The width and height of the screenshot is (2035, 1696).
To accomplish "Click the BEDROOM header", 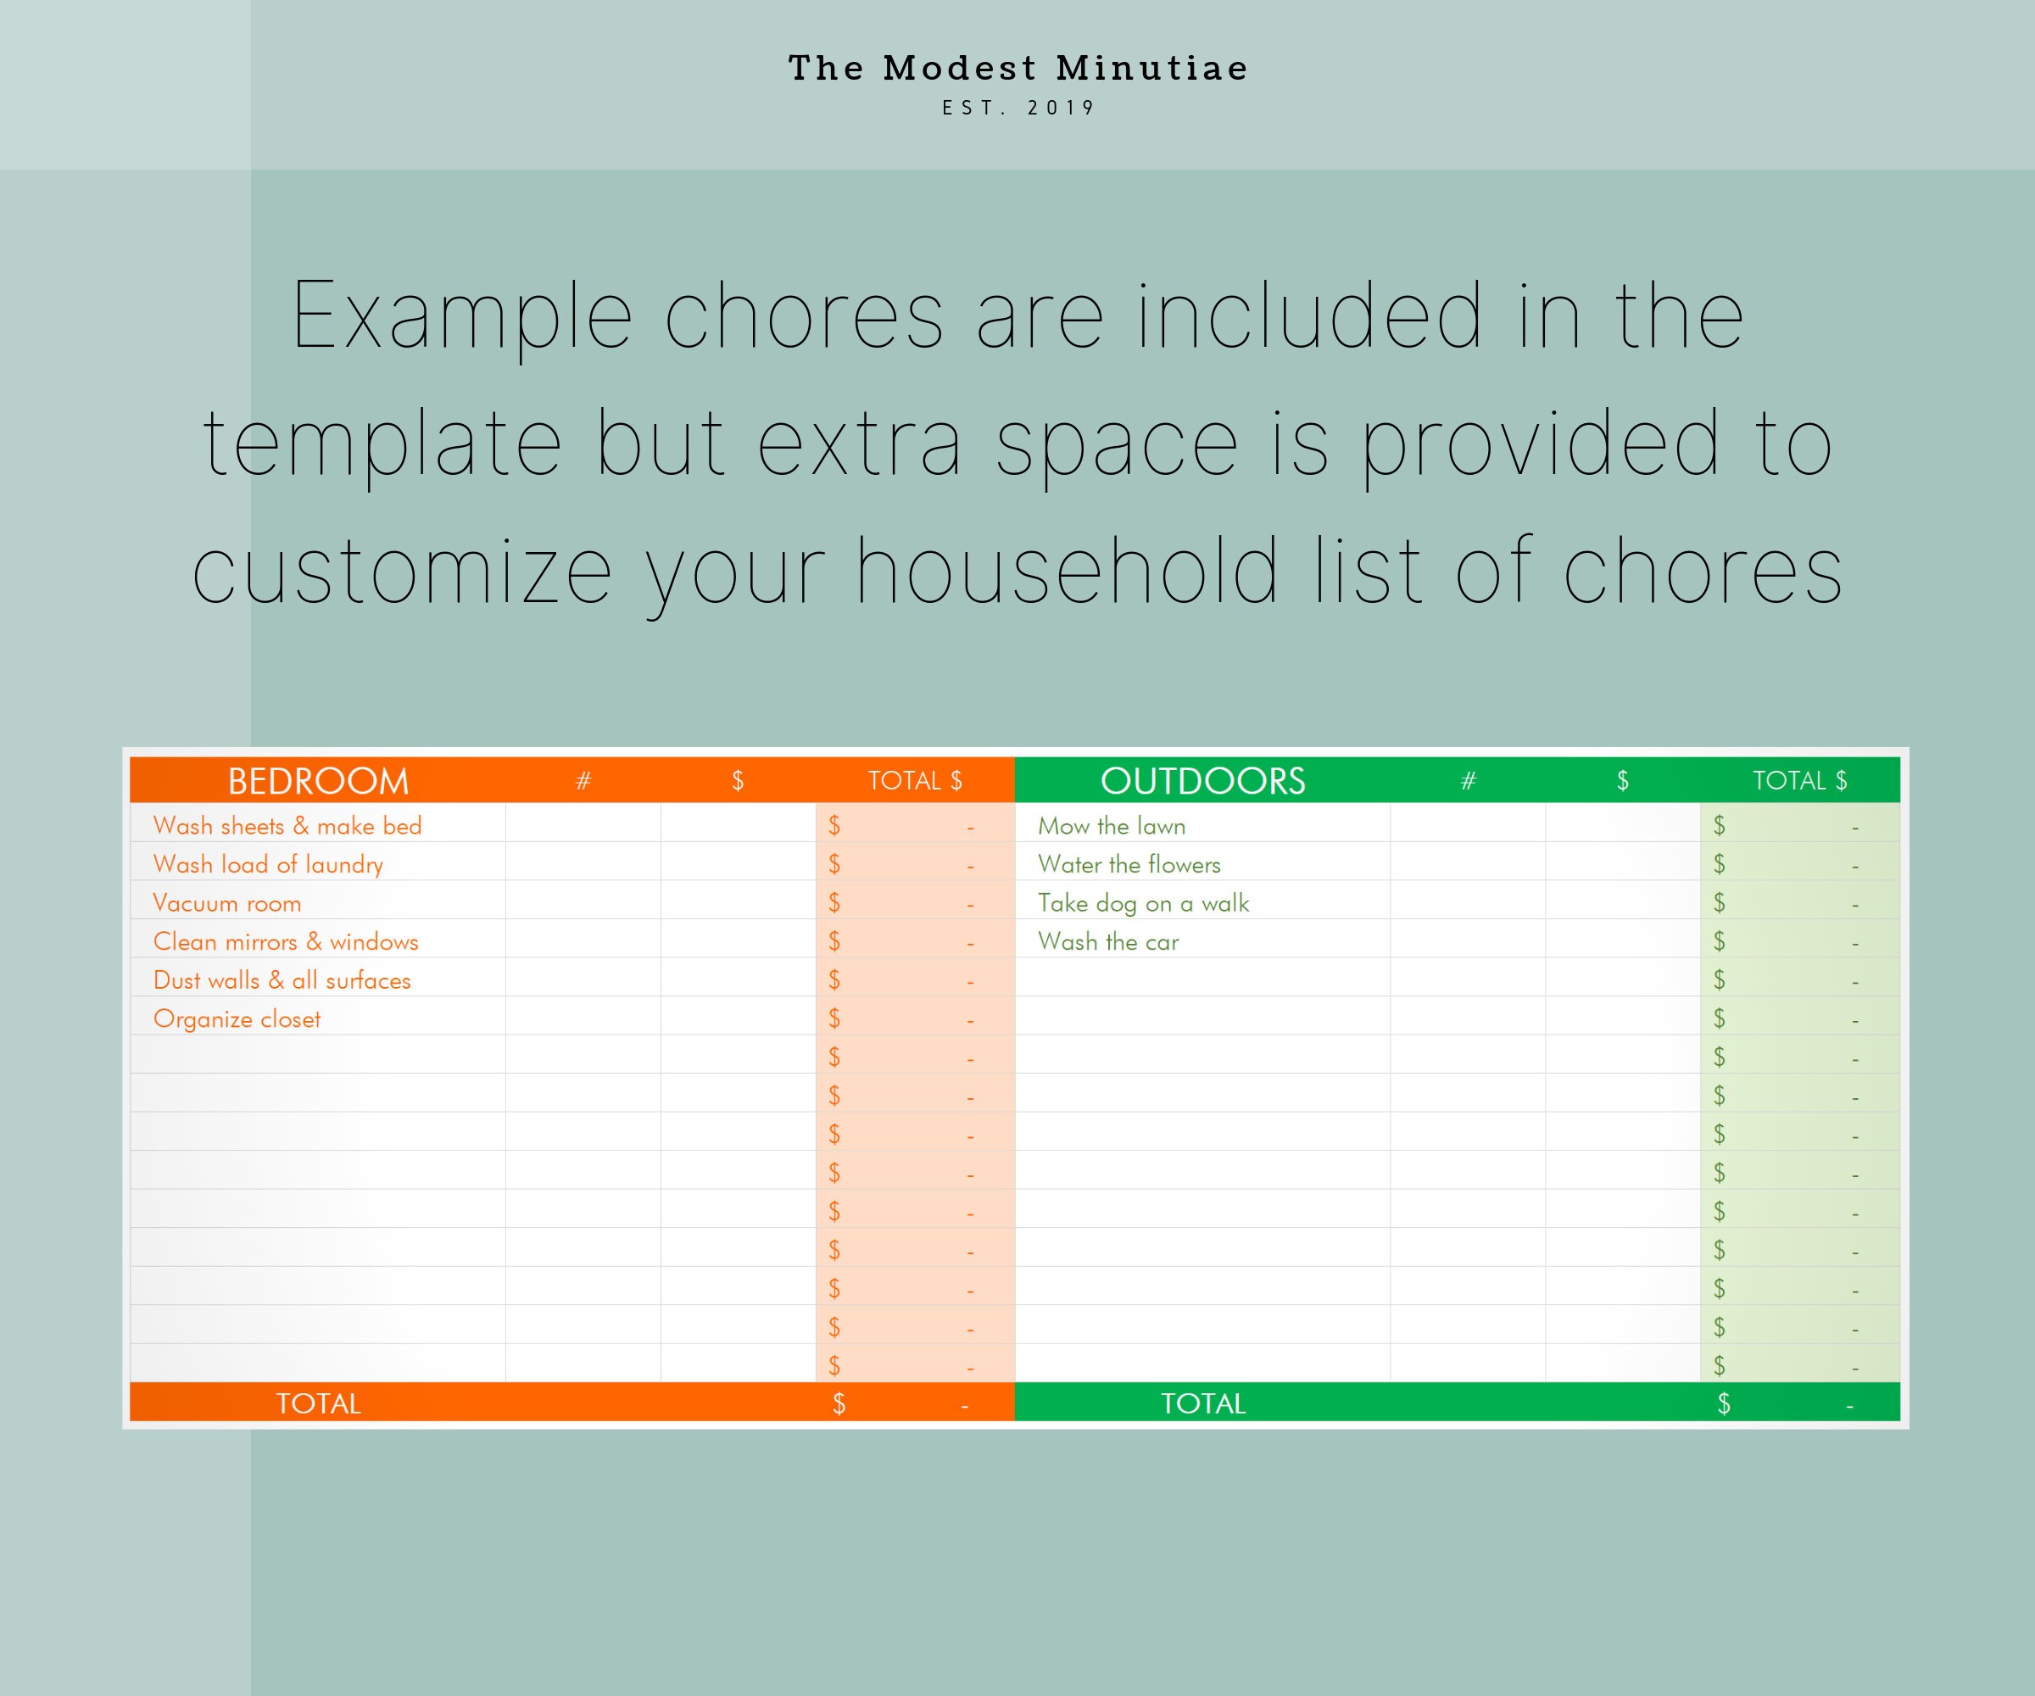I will point(318,781).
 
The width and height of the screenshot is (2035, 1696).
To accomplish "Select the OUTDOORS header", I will point(1202,781).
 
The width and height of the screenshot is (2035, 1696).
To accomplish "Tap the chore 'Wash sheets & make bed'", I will point(287,826).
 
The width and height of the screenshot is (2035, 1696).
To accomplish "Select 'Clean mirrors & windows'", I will point(285,942).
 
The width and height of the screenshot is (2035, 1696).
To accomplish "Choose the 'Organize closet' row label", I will point(237,1019).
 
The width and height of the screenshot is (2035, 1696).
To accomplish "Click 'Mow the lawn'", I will point(1112,826).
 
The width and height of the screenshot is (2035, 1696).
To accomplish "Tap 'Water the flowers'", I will point(1129,864).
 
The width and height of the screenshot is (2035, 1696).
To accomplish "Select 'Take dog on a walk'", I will point(1144,903).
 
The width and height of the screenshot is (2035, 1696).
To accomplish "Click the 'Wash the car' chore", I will point(1107,942).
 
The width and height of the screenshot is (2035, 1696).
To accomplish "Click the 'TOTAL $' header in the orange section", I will point(915,781).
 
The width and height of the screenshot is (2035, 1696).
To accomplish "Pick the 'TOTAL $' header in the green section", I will point(1799,781).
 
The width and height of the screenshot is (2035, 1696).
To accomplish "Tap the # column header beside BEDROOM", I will point(583,781).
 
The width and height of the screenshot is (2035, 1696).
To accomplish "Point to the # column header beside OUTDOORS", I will point(1468,781).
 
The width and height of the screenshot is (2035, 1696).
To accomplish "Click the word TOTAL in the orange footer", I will point(318,1403).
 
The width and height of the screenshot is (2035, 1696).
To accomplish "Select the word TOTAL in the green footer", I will point(1202,1403).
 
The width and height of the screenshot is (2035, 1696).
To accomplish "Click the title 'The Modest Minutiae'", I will point(1017,68).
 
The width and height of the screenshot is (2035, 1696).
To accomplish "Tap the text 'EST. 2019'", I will point(1017,108).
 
